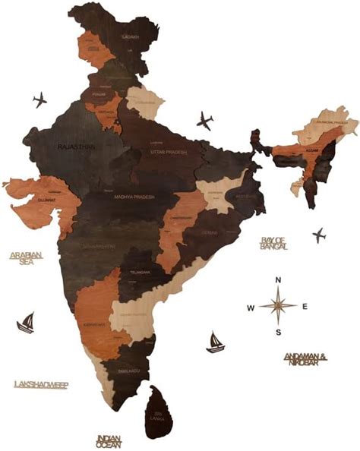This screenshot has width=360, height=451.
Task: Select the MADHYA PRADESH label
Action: point(134,197)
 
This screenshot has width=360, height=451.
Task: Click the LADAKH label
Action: point(131,36)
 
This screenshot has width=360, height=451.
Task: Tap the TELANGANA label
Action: point(140,272)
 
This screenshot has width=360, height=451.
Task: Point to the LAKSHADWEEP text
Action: point(41,385)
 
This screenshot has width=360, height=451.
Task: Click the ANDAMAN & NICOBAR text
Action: point(305,357)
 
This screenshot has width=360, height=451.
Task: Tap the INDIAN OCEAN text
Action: point(109,440)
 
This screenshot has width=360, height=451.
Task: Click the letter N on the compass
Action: point(279,281)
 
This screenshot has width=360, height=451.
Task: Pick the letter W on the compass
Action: point(250,307)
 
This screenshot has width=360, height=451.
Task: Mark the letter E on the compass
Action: point(305,306)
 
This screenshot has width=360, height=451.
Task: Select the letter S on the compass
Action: point(279,332)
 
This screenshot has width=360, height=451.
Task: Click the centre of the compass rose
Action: point(279,306)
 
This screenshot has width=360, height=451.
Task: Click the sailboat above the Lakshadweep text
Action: point(27,323)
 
